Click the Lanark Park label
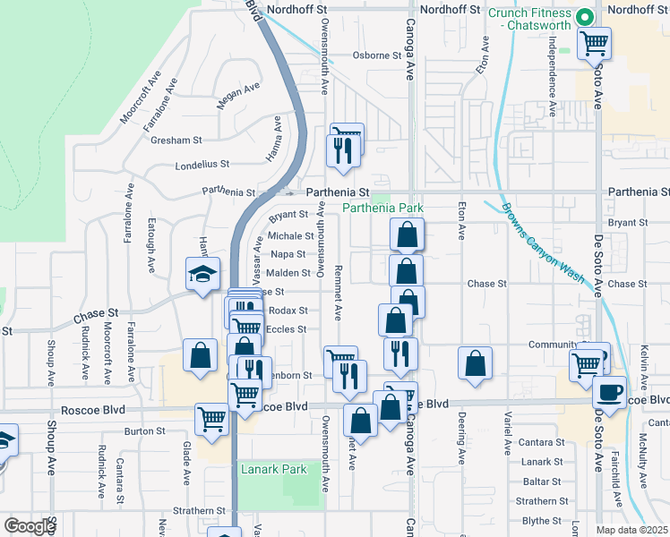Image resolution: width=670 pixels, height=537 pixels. (x=273, y=469)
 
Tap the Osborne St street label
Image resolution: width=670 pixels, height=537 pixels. (x=375, y=55)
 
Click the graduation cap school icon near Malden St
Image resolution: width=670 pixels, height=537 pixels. (x=203, y=273)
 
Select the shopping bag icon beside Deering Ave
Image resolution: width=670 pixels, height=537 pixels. (x=475, y=362)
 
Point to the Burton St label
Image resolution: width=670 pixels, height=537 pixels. (x=145, y=431)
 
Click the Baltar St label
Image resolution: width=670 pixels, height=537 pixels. (x=542, y=482)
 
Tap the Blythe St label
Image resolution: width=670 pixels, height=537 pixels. (x=541, y=521)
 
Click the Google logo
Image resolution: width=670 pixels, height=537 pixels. (x=30, y=526)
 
